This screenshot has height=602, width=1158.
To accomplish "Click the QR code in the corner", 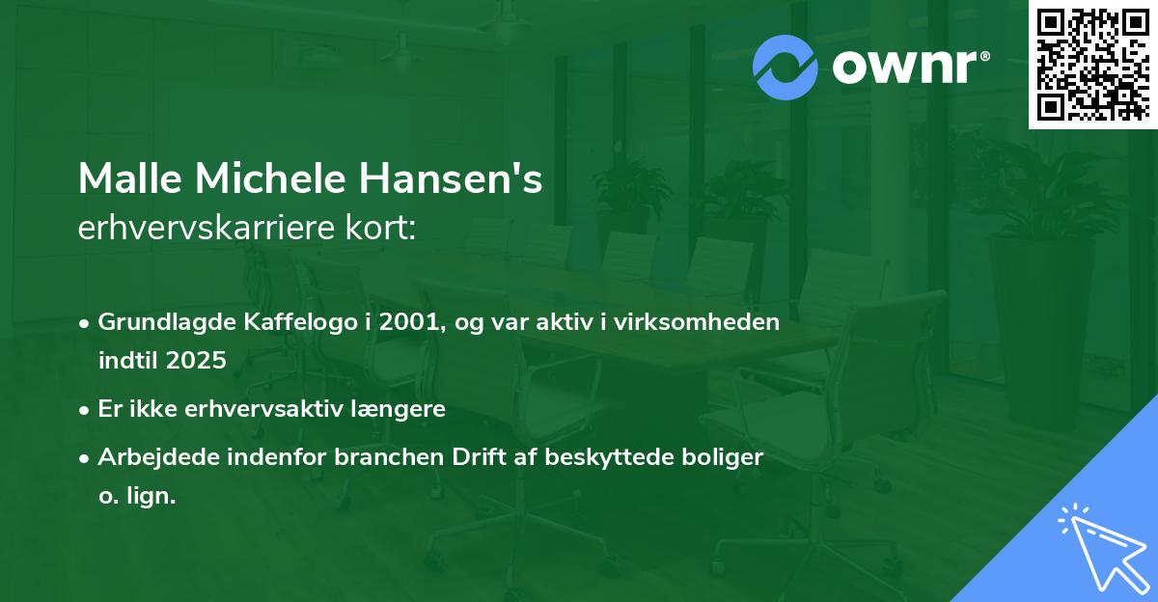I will pos(1093,65).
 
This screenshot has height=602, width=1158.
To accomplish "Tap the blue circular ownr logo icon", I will pos(786,68).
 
